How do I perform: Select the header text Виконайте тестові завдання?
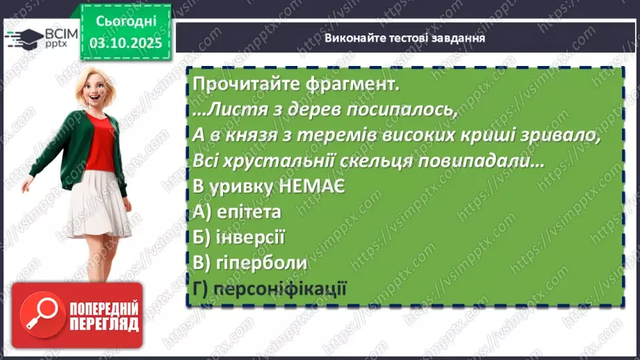(x=404, y=38)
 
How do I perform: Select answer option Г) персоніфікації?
(x=270, y=288)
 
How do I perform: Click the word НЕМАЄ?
(x=310, y=187)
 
